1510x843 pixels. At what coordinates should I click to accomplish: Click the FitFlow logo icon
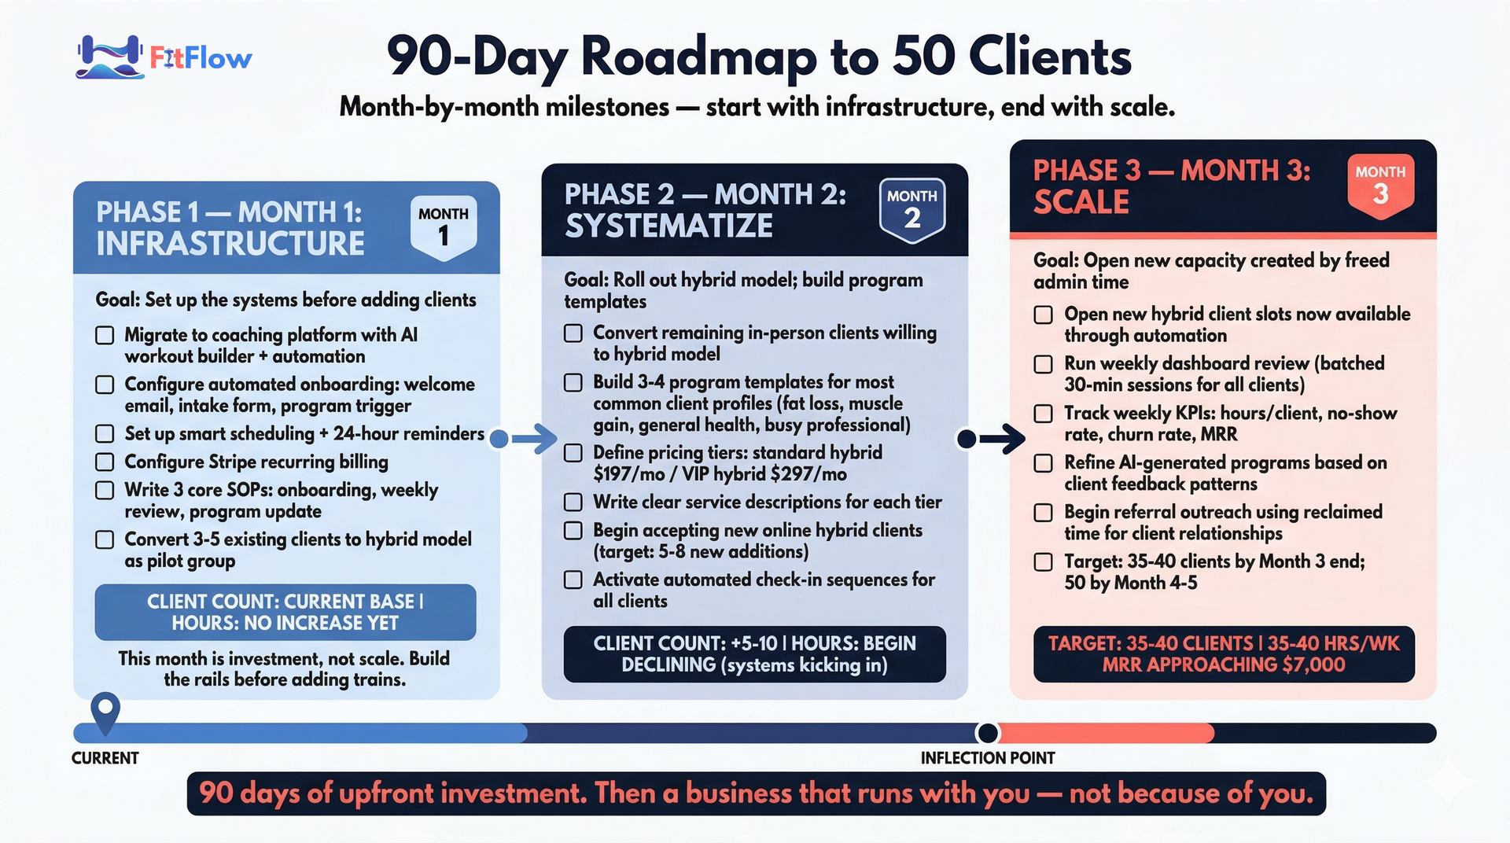click(x=109, y=57)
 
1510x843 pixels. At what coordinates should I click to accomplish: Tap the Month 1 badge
click(x=444, y=227)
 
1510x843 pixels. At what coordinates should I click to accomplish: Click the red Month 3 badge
click(x=1380, y=186)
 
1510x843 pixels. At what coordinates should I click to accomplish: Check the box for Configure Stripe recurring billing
click(x=105, y=462)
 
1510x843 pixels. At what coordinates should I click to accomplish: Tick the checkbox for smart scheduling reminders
click(x=105, y=433)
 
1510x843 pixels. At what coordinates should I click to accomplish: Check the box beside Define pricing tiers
click(x=573, y=453)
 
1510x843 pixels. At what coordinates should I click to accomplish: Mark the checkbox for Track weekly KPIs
click(x=1043, y=414)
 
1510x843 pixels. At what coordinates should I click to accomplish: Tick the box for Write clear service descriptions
click(x=573, y=502)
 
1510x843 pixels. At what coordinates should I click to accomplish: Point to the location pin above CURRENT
click(x=105, y=712)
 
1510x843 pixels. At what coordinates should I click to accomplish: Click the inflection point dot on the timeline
click(x=988, y=733)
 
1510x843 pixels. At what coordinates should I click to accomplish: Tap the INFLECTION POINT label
click(x=988, y=758)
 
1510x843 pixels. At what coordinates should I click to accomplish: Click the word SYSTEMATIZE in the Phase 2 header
click(x=669, y=226)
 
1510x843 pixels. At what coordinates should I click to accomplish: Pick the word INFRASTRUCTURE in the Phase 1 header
click(x=230, y=244)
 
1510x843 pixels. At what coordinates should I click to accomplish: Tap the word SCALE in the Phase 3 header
click(x=1081, y=202)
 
